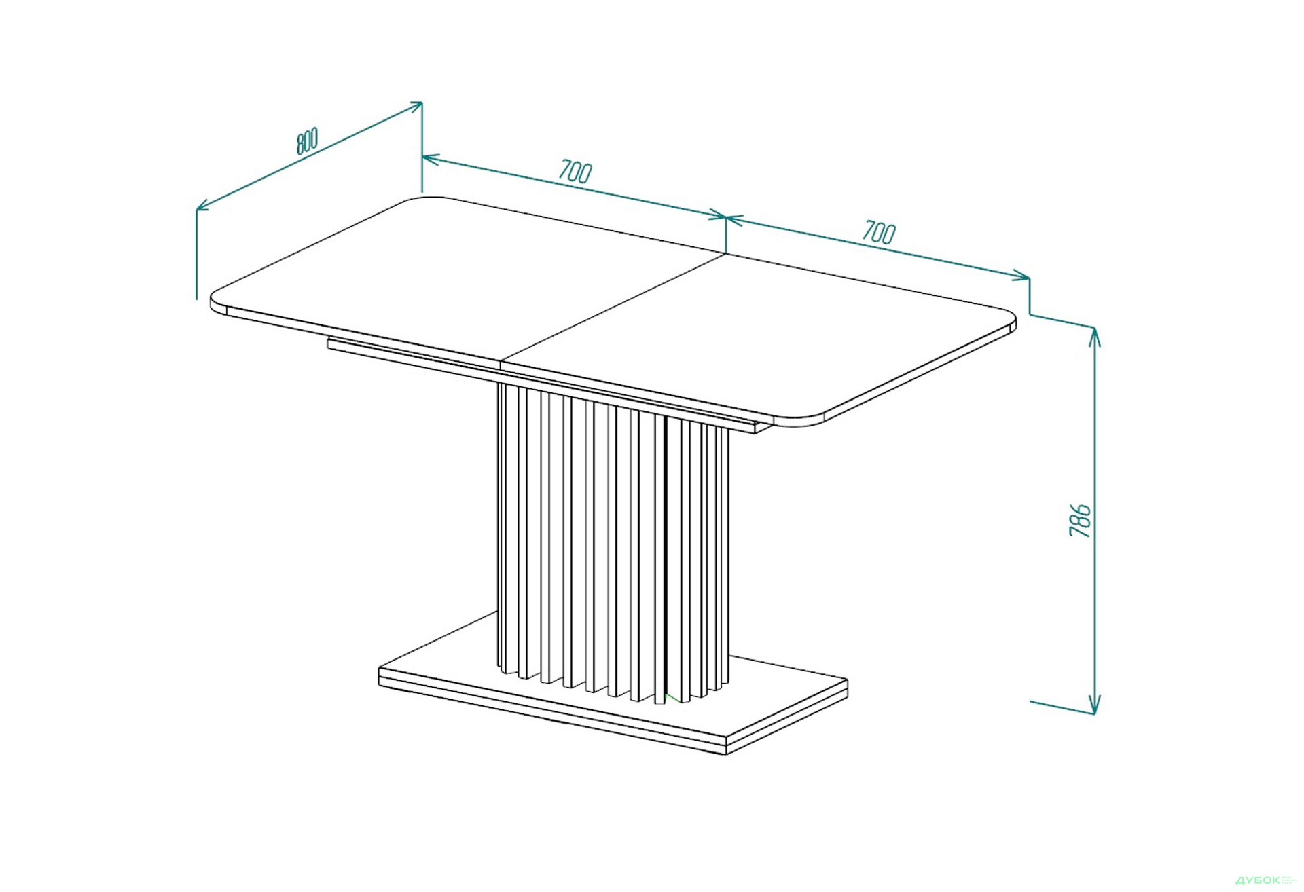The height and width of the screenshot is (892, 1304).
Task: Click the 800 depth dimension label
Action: (x=307, y=141)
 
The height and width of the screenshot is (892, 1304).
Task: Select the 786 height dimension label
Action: (x=1080, y=521)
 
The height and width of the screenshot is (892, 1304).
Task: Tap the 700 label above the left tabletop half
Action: (x=575, y=171)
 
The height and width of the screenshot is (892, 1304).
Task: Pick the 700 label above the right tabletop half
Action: (x=880, y=232)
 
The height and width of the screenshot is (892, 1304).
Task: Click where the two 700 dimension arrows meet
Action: (x=725, y=218)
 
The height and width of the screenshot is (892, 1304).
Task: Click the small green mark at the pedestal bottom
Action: (x=671, y=698)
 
